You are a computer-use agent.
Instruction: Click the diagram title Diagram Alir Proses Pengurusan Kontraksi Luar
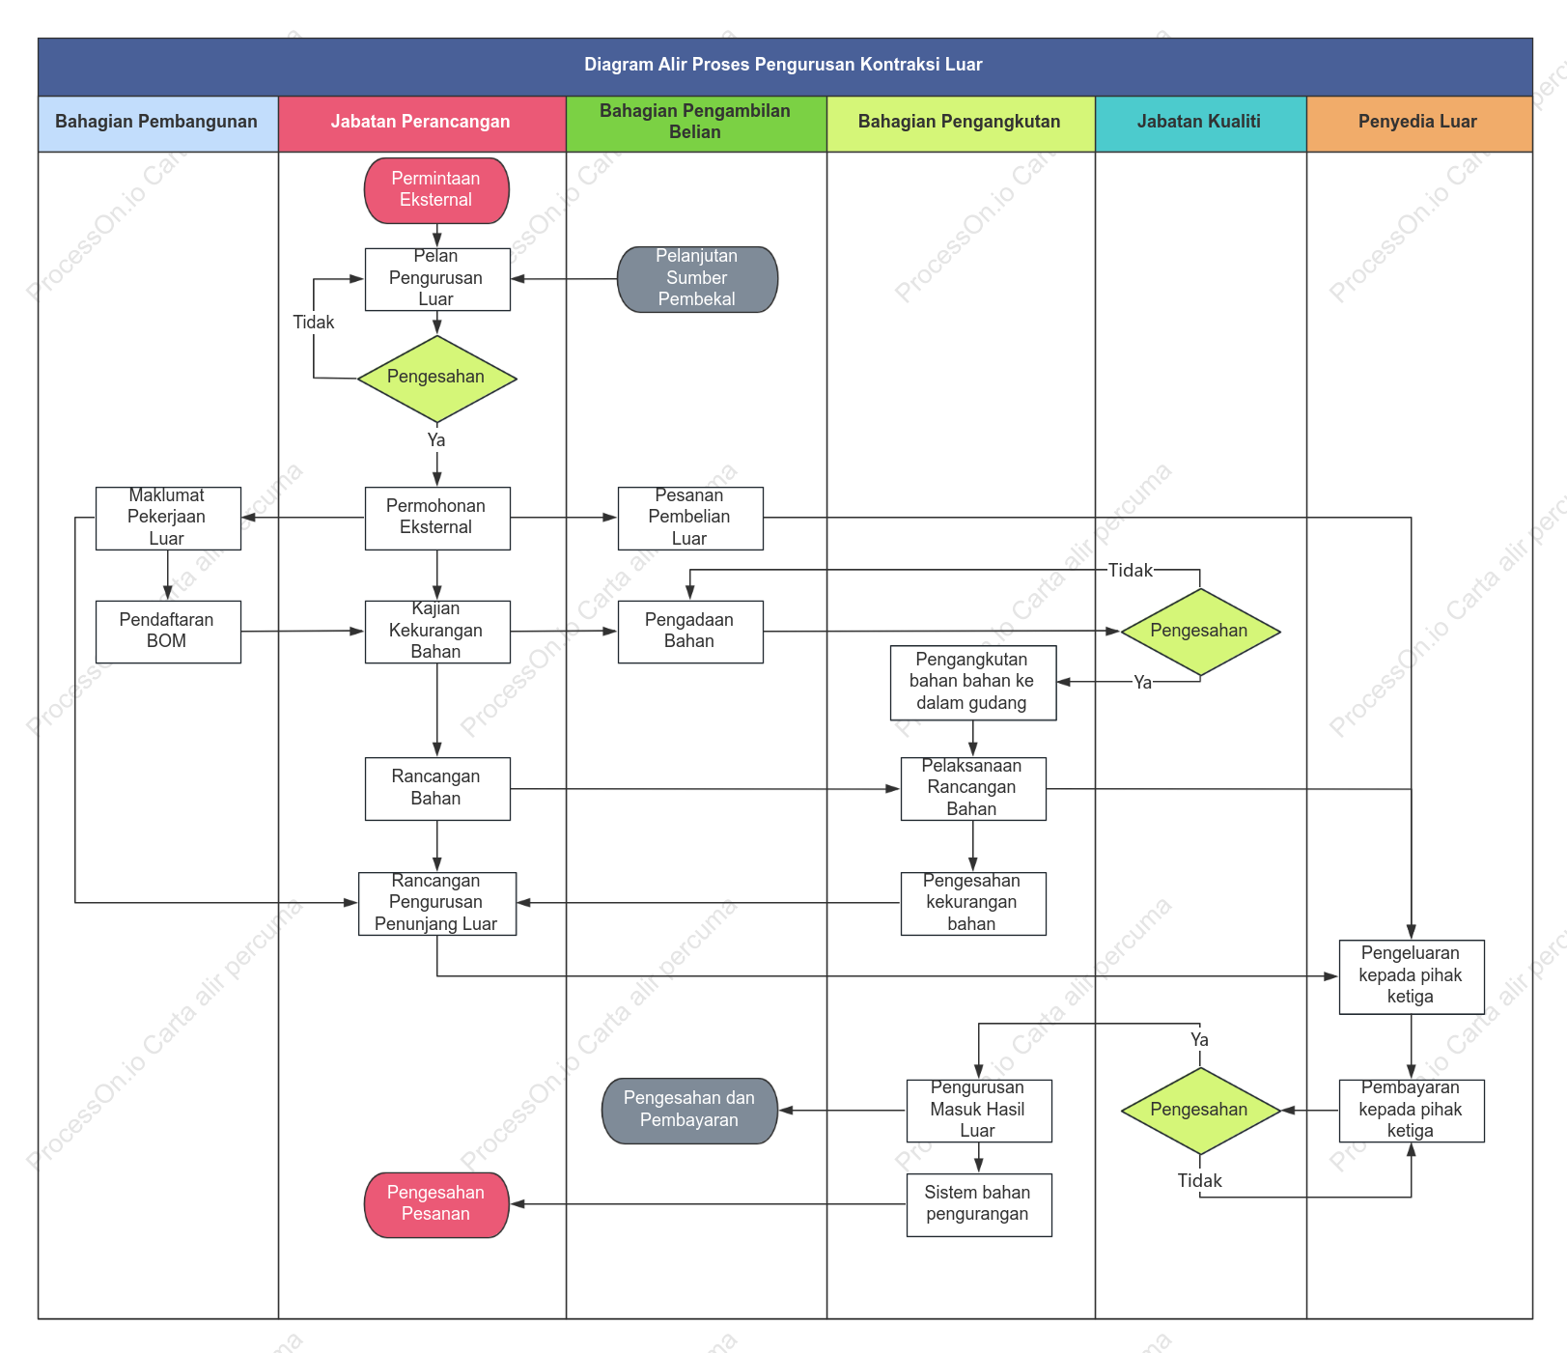click(783, 65)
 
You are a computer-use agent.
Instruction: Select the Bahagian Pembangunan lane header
click(157, 123)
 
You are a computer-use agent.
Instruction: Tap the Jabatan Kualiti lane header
click(1200, 123)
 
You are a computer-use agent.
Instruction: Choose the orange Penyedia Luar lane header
click(1418, 123)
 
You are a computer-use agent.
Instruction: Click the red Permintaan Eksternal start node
click(436, 190)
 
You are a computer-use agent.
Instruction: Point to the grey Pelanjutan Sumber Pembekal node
click(697, 279)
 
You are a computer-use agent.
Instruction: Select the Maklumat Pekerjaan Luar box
click(168, 519)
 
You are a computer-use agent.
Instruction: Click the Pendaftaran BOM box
click(168, 632)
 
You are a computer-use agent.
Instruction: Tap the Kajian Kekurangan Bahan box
click(437, 632)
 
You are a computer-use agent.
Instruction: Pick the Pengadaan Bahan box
click(690, 632)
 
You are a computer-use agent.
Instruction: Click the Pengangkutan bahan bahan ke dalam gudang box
click(973, 683)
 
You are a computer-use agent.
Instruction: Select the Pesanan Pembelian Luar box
click(690, 519)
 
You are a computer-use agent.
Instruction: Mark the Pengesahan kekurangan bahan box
click(973, 904)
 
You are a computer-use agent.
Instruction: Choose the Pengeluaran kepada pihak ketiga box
click(1412, 976)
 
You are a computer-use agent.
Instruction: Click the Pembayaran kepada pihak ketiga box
click(1412, 1111)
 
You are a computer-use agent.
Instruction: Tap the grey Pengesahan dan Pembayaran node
click(689, 1111)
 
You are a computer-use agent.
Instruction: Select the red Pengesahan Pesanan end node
click(436, 1204)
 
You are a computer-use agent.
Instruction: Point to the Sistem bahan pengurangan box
click(979, 1205)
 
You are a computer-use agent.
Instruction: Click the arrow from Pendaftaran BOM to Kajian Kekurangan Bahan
click(303, 632)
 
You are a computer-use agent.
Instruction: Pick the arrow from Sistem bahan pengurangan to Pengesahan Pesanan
click(709, 1204)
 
